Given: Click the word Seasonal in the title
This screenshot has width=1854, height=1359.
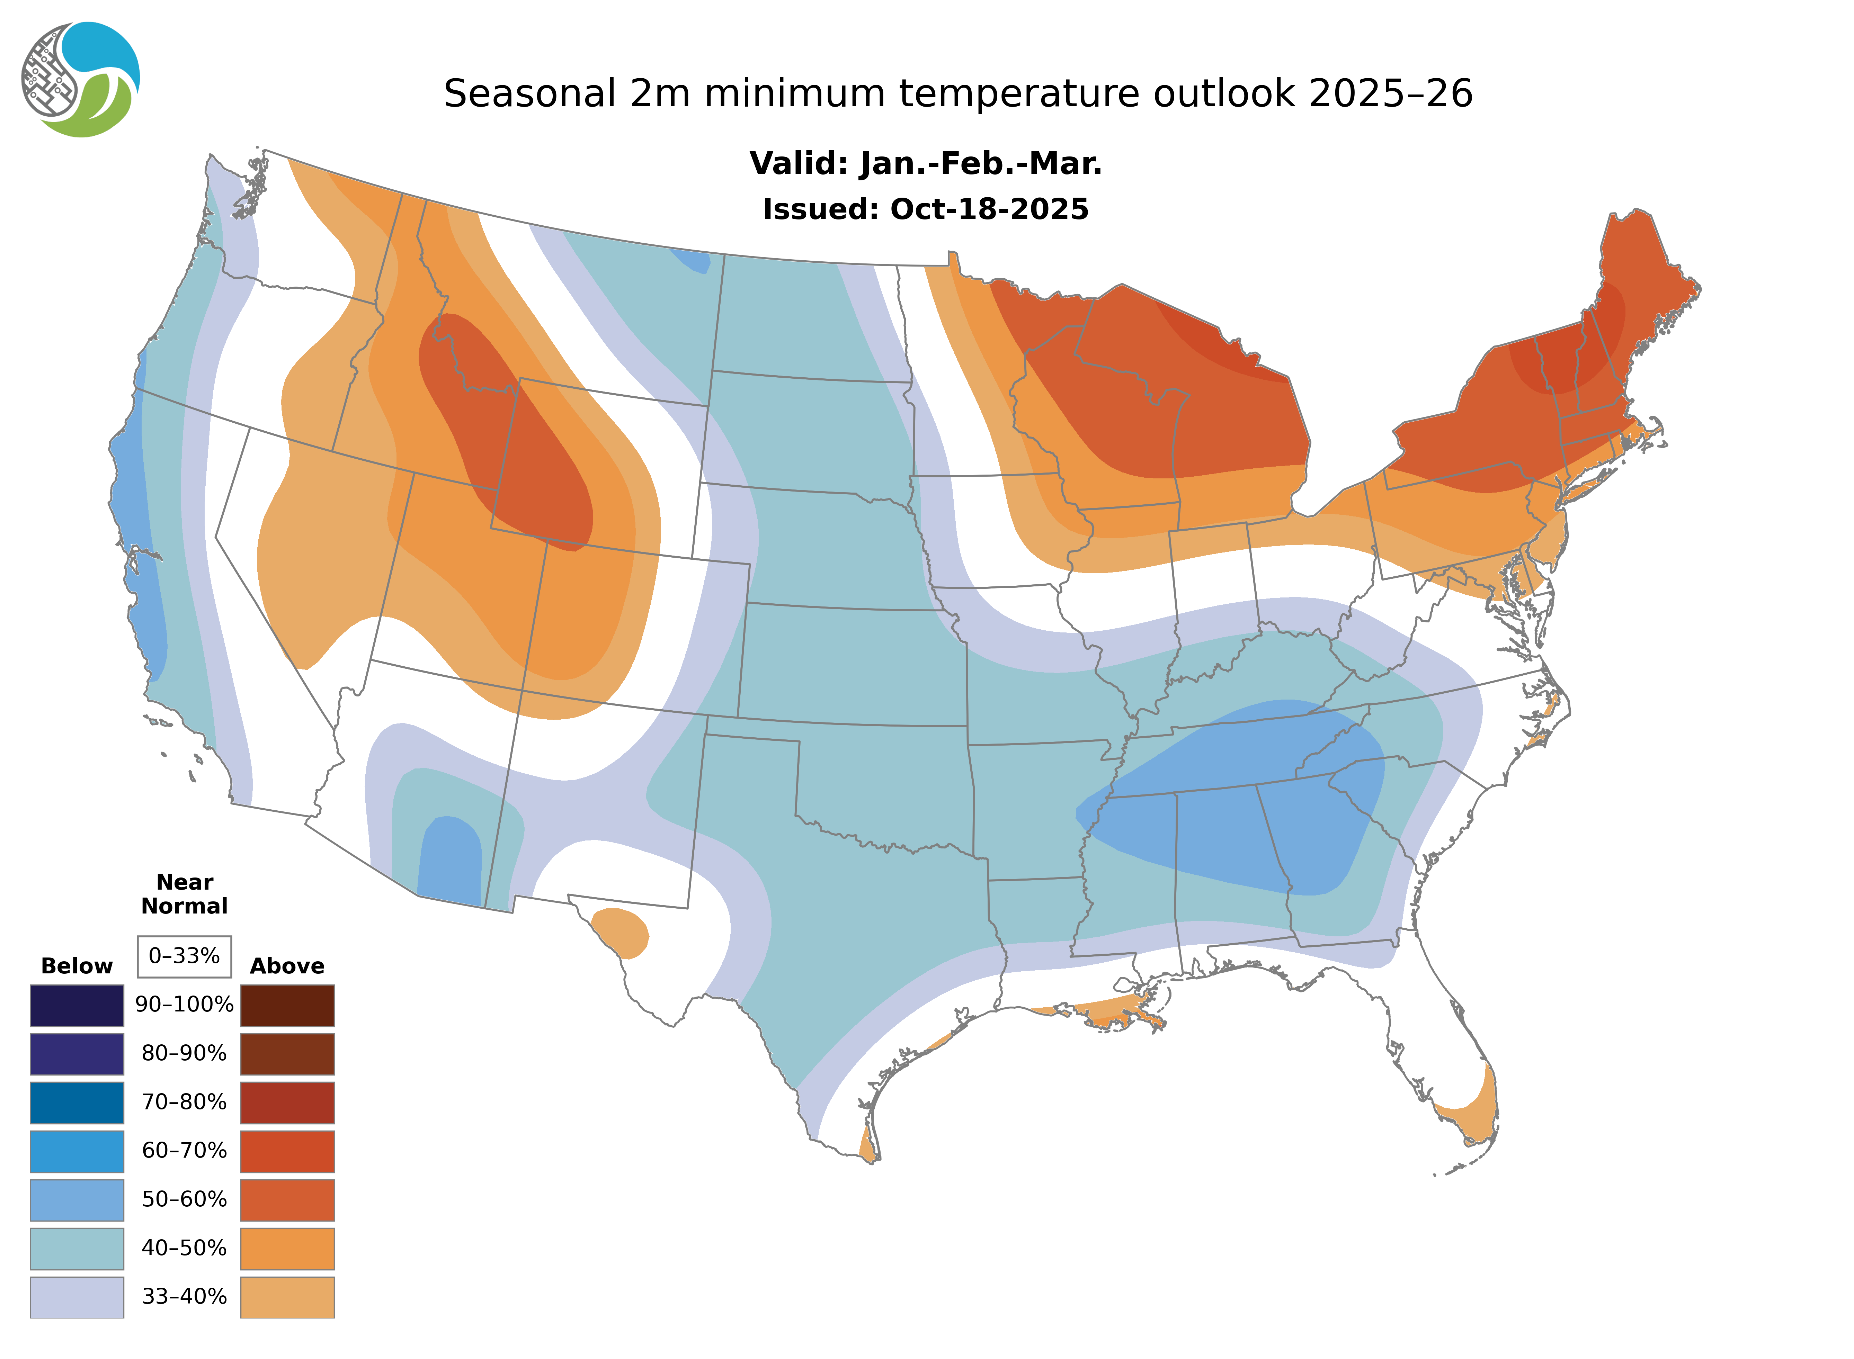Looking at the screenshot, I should pos(529,94).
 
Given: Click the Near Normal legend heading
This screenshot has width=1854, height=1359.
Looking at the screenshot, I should pos(184,894).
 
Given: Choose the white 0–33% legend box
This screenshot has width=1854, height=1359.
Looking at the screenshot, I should pos(184,956).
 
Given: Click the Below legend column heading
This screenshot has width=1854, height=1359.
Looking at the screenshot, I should pos(77,966).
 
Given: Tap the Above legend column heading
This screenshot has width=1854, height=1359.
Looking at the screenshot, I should pos(287,966).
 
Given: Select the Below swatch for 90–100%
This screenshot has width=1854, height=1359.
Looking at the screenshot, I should pos(77,1005).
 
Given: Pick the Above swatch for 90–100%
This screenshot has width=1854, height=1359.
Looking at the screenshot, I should pos(287,1005).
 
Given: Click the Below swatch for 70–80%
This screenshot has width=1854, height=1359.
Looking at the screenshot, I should pos(77,1102).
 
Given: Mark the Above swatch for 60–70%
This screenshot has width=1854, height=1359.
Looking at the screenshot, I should pos(287,1151).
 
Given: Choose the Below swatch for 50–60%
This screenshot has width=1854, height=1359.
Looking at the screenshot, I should pos(77,1199).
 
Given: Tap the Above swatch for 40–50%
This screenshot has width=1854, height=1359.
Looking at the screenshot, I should pos(287,1248).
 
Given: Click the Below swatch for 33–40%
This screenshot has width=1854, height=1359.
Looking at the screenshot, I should pos(77,1296).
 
